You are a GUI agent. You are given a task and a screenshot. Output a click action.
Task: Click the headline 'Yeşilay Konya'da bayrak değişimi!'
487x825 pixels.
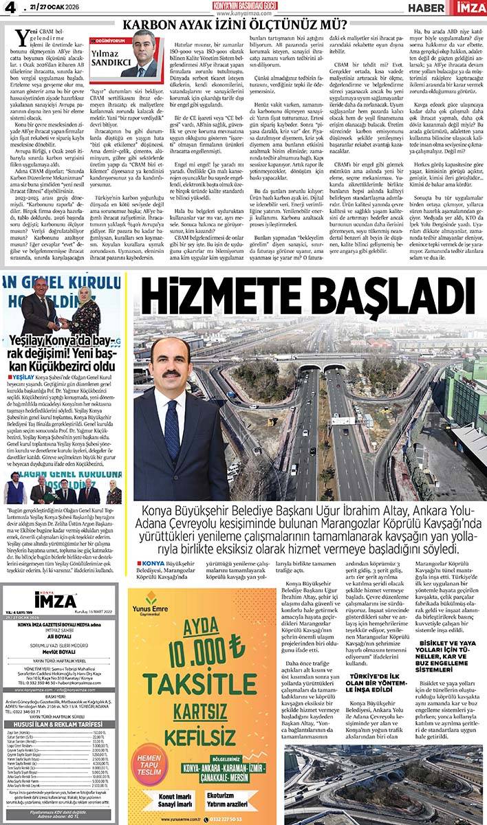63,352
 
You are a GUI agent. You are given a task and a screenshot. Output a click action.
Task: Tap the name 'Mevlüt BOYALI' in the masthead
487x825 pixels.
63,654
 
